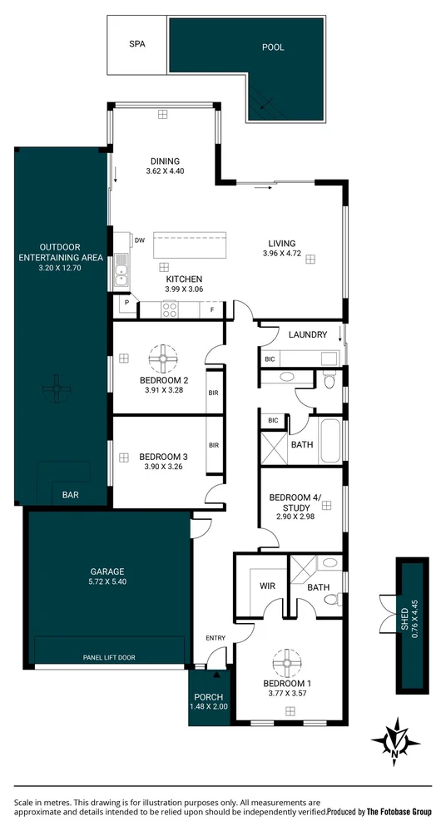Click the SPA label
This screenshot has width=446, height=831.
[137, 47]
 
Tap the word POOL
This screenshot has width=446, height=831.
[273, 47]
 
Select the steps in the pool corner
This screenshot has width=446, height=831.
[265, 104]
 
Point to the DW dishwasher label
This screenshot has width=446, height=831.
[139, 240]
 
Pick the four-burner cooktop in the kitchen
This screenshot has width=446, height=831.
[169, 310]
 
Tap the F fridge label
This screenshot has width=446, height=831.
[212, 310]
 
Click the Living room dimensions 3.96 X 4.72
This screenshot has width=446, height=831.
[280, 253]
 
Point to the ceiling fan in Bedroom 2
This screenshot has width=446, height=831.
[164, 360]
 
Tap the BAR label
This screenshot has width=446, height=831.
[71, 495]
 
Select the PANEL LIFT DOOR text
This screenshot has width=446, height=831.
[109, 657]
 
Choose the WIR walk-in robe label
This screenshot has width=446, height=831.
[267, 586]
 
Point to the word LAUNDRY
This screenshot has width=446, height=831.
[307, 334]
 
